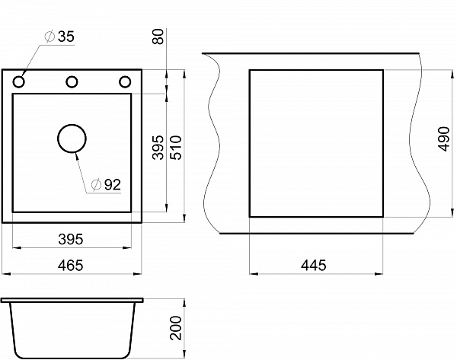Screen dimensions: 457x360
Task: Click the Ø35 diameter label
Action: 59,37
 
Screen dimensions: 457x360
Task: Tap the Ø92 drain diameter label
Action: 106,184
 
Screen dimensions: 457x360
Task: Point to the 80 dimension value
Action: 158,37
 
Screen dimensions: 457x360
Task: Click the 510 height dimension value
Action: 176,148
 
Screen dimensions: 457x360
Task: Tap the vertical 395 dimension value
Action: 158,148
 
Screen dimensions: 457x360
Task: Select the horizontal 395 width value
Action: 71,239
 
